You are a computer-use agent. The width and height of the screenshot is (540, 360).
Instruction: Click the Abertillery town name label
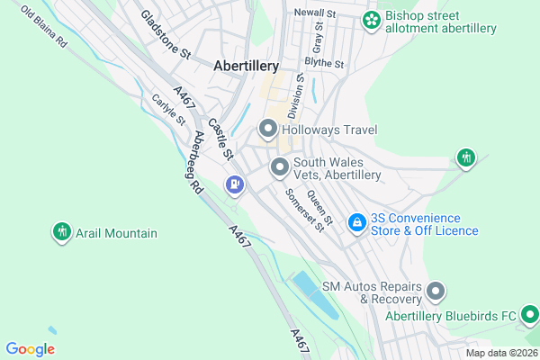pyautogui.click(x=247, y=66)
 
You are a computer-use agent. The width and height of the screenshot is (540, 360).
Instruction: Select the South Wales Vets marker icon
pyautogui.click(x=280, y=167)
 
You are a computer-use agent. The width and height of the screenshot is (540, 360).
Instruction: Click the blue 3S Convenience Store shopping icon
pyautogui.click(x=357, y=220)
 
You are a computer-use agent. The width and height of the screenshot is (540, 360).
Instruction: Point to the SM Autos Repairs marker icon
pyautogui.click(x=436, y=291)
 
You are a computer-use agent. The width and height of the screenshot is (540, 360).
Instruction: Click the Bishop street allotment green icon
pyautogui.click(x=371, y=20)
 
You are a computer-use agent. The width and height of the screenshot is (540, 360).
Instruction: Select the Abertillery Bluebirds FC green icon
pyautogui.click(x=530, y=315)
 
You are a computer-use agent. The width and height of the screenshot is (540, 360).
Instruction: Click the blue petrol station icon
pyautogui.click(x=235, y=184)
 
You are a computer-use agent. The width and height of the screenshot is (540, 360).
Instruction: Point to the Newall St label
pyautogui.click(x=315, y=14)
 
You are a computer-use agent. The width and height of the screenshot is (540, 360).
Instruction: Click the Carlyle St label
pyautogui.click(x=167, y=110)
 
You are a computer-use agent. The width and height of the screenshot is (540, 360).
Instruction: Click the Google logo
pyautogui.click(x=30, y=349)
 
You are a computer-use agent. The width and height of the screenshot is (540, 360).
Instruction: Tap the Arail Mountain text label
pyautogui.click(x=116, y=234)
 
